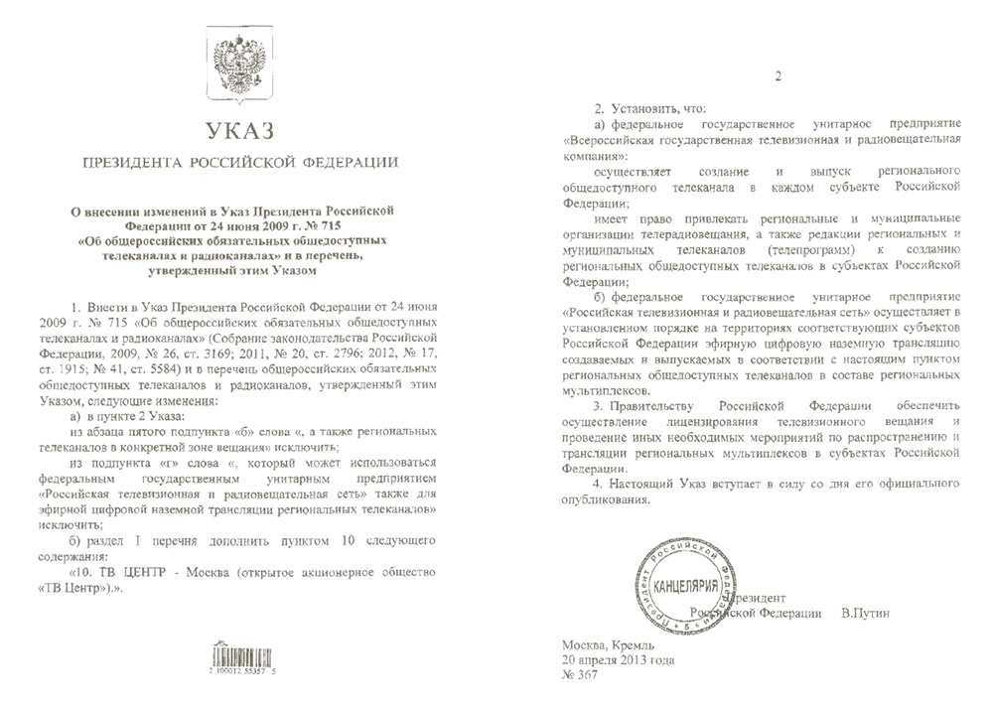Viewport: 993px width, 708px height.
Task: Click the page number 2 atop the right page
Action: click(778, 77)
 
